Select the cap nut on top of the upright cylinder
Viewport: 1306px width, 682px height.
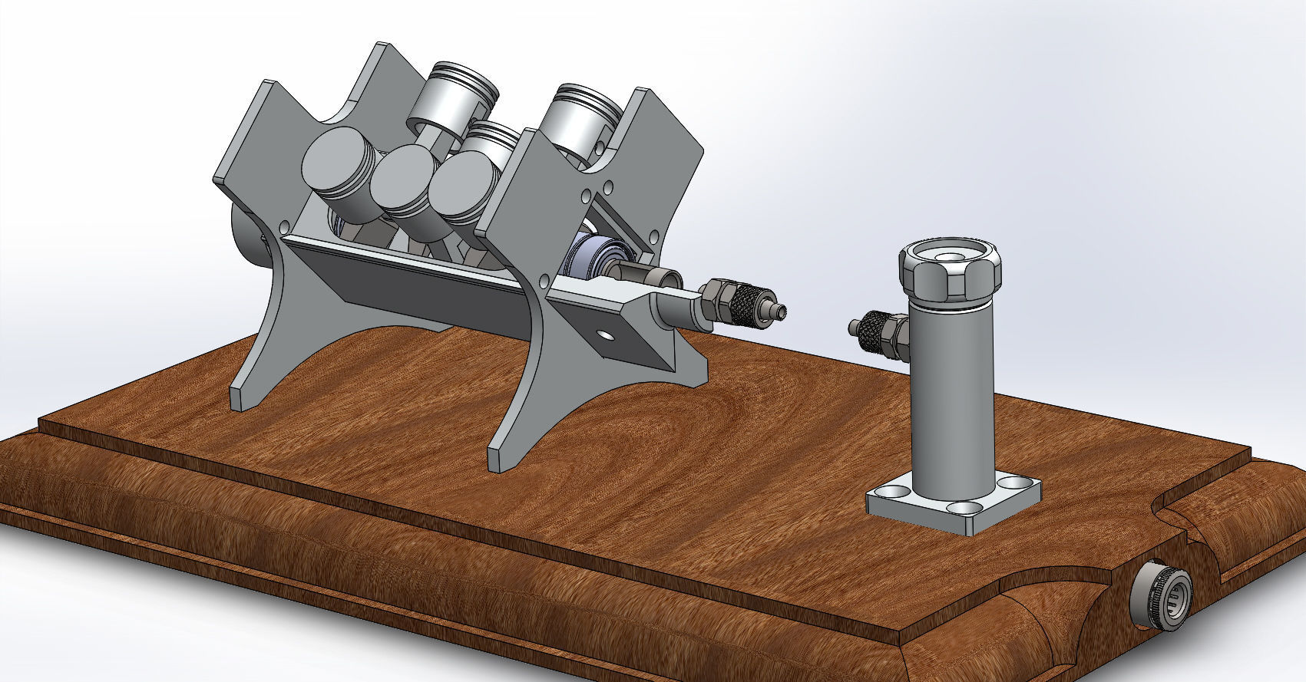coord(950,272)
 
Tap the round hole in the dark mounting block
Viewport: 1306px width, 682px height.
coord(607,335)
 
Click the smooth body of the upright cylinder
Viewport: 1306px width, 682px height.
coord(951,399)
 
